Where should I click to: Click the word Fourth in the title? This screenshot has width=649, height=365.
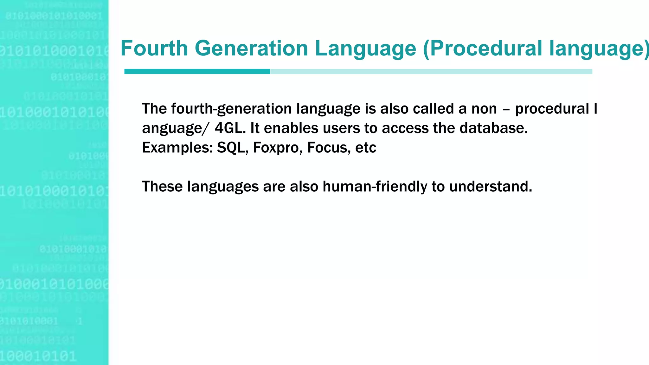(154, 48)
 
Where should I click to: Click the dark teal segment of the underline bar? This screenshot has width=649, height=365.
(197, 72)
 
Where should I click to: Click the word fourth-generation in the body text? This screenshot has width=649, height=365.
(231, 109)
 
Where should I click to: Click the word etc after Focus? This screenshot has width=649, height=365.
(366, 148)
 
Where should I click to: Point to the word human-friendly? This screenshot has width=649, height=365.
(375, 186)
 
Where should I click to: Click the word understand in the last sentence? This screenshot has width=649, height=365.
(491, 186)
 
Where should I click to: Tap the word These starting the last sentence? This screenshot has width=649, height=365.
(162, 186)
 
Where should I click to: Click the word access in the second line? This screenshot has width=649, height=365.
(407, 128)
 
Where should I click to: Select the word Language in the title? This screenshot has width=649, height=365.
(365, 48)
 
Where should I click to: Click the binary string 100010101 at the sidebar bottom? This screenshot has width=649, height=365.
(38, 356)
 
